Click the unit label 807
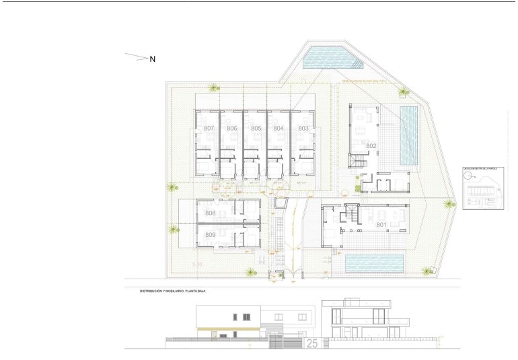[209, 128]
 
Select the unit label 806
[232, 128]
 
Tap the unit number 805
[256, 128]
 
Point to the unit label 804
[279, 128]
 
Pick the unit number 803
[303, 128]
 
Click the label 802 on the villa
[371, 145]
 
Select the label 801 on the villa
[381, 224]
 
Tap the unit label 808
[210, 214]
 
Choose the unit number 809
[210, 235]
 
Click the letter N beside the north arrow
[153, 59]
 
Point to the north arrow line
[136, 57]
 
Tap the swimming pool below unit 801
[374, 263]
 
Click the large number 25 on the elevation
[312, 344]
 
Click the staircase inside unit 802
[357, 161]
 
